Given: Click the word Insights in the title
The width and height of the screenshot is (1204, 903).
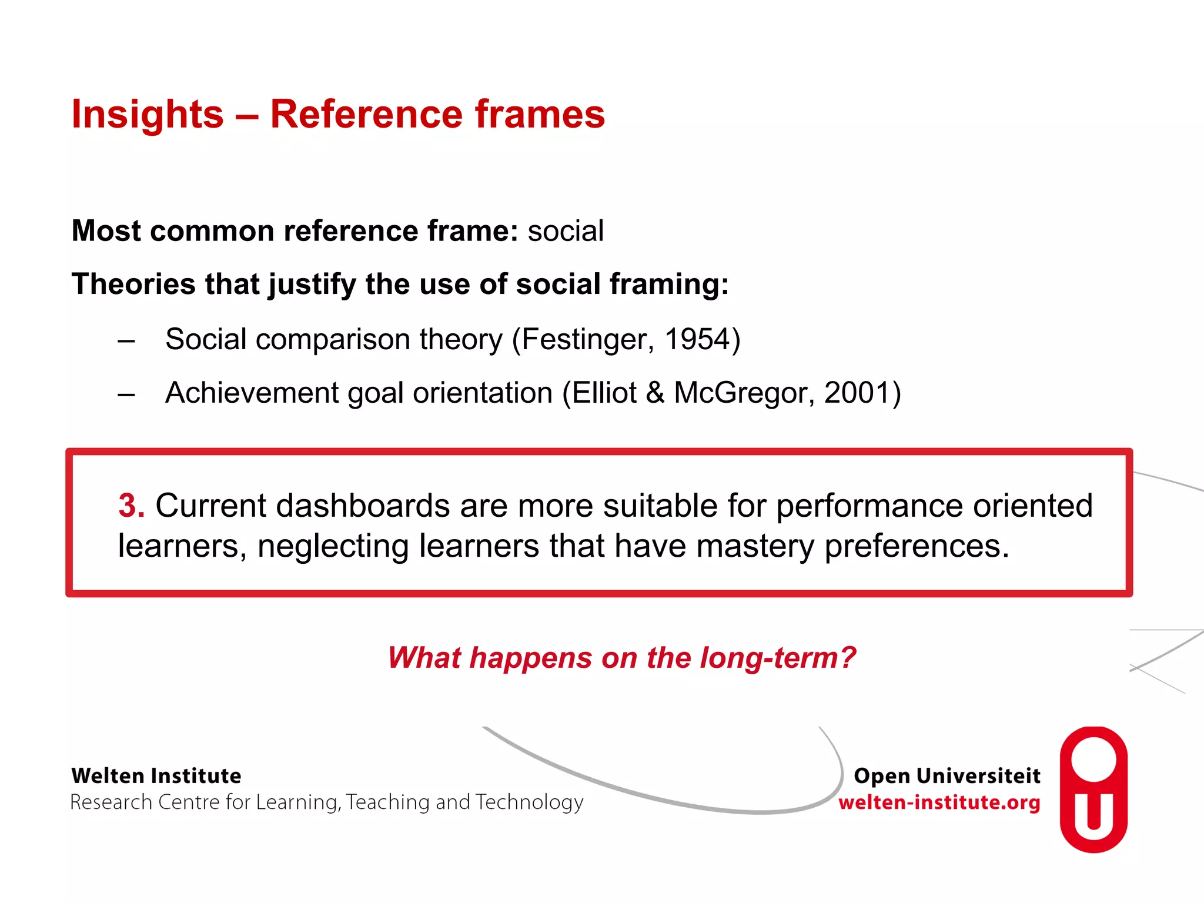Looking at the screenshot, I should coord(147,114).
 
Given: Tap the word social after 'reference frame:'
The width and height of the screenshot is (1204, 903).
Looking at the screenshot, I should coord(566,230).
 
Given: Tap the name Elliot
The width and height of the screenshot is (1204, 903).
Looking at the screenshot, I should coord(604,393).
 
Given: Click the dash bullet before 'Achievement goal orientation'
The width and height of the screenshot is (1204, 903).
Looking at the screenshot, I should coord(126,394).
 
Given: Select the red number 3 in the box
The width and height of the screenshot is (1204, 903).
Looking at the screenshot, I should coord(131,506).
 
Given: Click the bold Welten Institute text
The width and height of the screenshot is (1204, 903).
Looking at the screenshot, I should coord(156,776).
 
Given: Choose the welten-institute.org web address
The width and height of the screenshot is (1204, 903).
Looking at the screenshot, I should coord(939,802).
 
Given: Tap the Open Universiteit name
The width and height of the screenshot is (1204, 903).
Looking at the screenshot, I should coord(947,776).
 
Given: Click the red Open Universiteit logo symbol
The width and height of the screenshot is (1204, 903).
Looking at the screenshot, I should coord(1093,790).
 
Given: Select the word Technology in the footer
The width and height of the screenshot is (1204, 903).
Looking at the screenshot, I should coord(529,802).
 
